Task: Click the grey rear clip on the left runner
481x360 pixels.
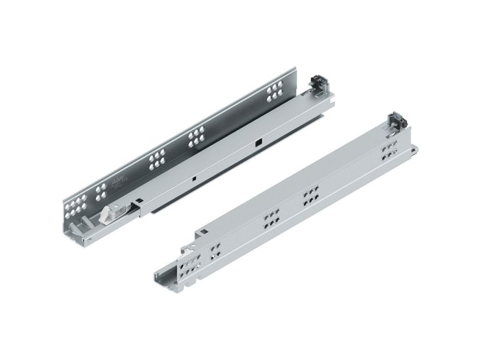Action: click(x=317, y=84)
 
